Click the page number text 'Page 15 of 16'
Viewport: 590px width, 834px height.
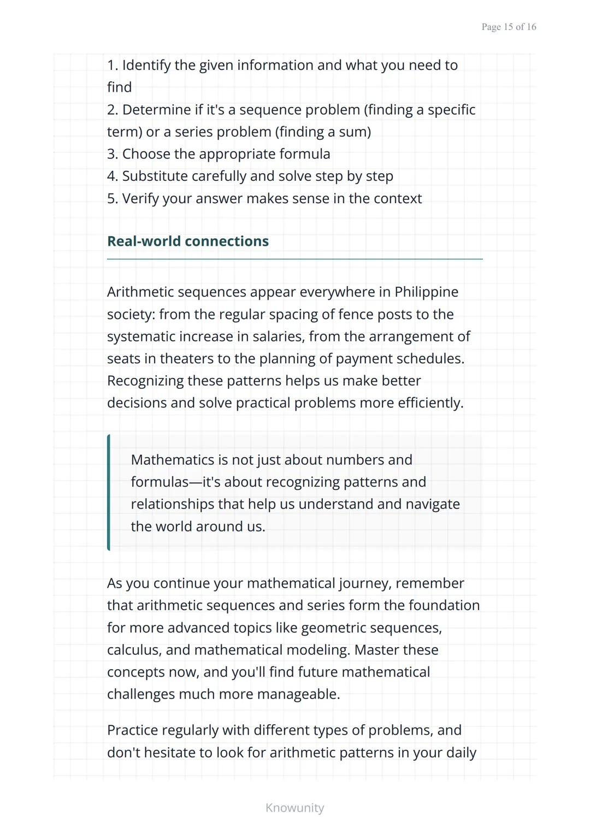click(509, 27)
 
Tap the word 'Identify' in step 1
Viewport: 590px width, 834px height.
click(145, 66)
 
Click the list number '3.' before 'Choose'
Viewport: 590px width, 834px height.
click(113, 154)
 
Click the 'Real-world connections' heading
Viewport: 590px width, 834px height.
click(188, 241)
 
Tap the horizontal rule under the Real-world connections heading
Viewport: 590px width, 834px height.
click(294, 259)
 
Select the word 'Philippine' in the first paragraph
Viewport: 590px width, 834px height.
click(426, 292)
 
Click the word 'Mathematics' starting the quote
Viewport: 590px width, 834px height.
click(172, 460)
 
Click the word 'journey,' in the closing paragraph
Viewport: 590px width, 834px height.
click(364, 583)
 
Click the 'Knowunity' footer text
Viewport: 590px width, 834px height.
click(294, 808)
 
